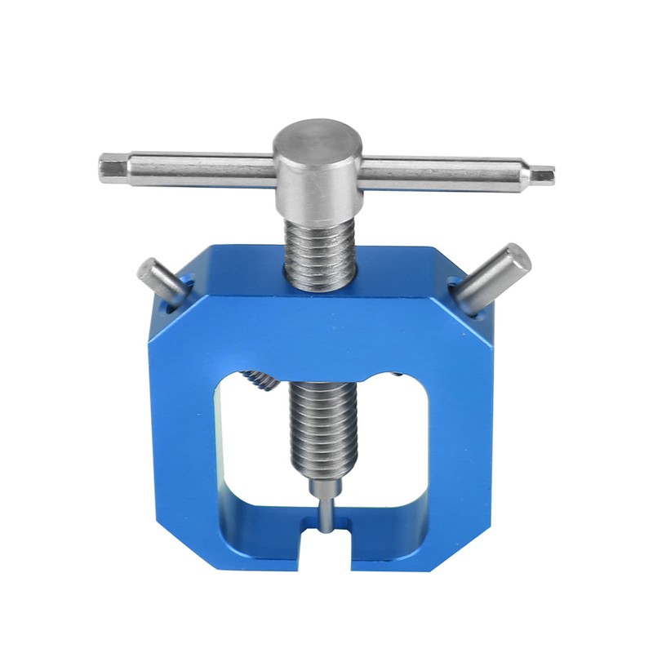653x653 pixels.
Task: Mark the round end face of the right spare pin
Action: pos(516,257)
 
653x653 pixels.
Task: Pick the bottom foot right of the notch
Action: pos(400,547)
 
